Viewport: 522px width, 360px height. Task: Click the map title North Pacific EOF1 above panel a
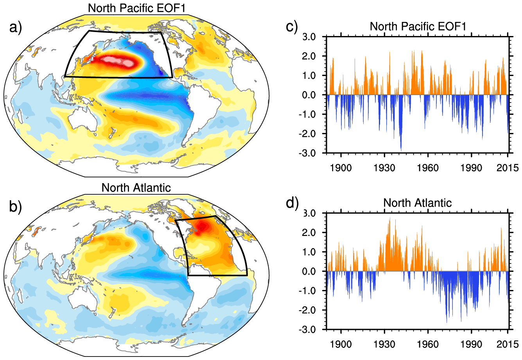(136, 8)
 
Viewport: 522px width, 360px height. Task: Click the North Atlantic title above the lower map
(136, 187)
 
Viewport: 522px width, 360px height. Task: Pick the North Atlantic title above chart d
(417, 203)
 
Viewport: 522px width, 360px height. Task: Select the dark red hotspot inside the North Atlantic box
(202, 227)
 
